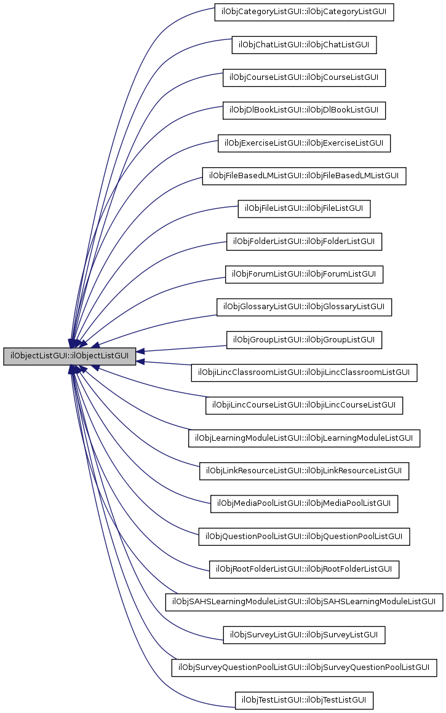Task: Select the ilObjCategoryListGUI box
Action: (x=304, y=12)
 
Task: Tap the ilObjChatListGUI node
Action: (x=304, y=45)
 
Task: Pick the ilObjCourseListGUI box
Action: (x=304, y=77)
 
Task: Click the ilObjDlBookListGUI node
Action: (x=304, y=111)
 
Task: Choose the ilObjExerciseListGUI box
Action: (x=304, y=143)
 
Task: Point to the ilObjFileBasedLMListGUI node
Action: (x=304, y=176)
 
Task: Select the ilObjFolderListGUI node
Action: (x=304, y=242)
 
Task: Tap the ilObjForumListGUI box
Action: (x=304, y=274)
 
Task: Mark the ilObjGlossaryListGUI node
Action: (x=304, y=307)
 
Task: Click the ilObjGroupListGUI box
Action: (x=304, y=339)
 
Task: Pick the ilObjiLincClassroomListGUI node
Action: (x=304, y=372)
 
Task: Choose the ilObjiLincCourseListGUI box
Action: (x=304, y=405)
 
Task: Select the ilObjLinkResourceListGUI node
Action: (x=304, y=471)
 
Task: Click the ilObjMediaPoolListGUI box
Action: (x=304, y=503)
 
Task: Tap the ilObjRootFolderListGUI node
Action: (x=304, y=569)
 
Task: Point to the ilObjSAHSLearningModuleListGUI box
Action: (x=304, y=602)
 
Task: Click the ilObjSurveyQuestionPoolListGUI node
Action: (x=304, y=668)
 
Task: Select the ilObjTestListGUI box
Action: (x=304, y=700)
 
